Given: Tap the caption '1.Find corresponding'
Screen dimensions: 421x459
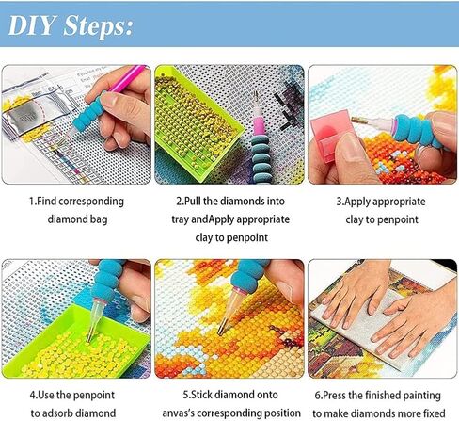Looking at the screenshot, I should point(75,202).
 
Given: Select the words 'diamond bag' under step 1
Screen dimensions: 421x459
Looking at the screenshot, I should point(75,219).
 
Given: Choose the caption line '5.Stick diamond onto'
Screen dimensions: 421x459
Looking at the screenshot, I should point(229,394).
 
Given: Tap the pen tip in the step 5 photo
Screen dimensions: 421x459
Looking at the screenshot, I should point(221,330).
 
